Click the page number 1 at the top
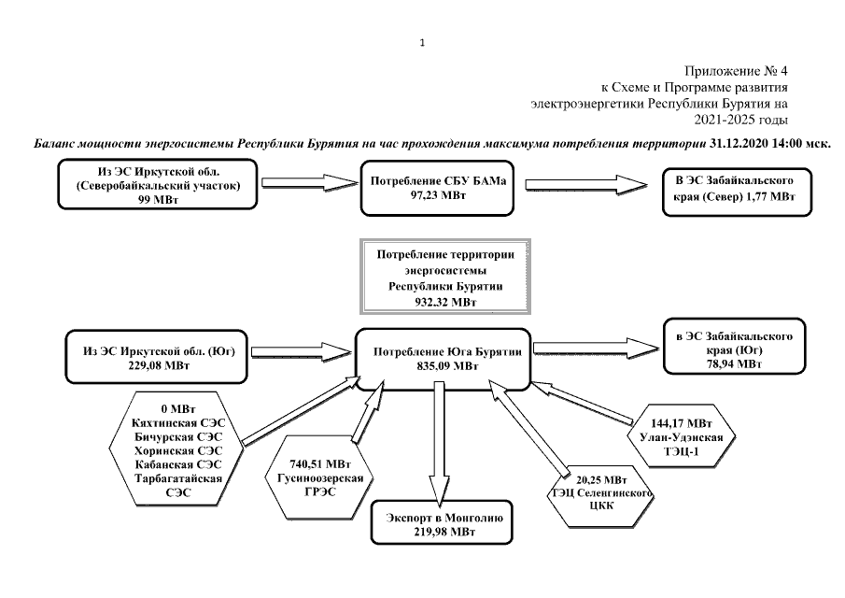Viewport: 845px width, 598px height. click(422, 42)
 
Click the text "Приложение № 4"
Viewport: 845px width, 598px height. click(737, 72)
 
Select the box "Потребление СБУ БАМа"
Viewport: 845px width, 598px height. click(438, 188)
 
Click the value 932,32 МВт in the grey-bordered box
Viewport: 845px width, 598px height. click(437, 302)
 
